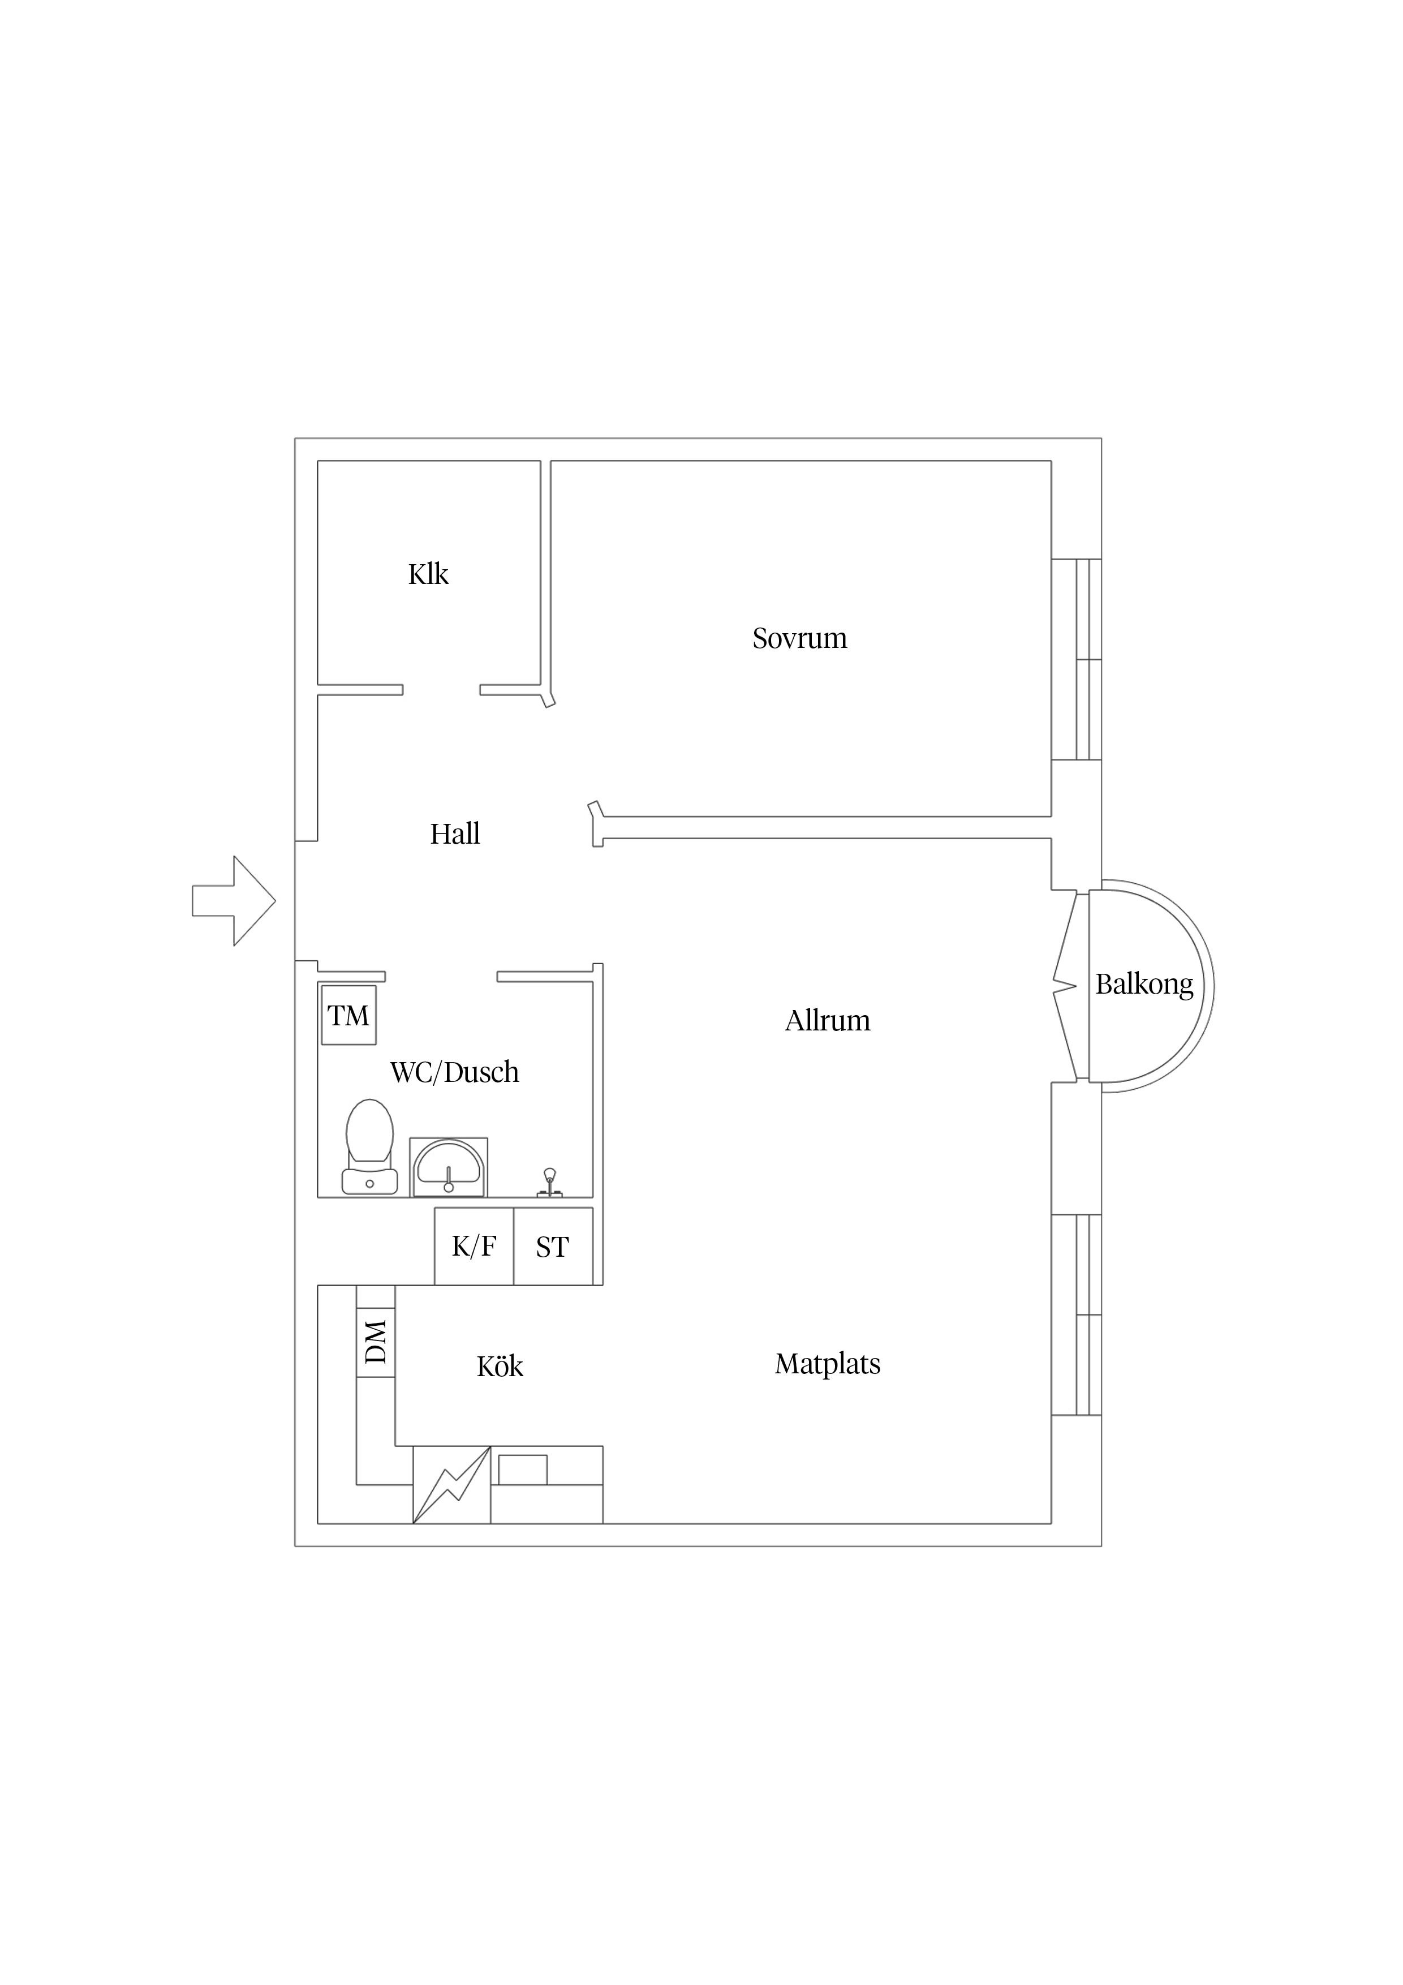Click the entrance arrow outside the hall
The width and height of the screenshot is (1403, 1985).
234,901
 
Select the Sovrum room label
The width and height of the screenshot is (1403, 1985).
799,638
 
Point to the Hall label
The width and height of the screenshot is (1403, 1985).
455,833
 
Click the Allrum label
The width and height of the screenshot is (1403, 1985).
827,1020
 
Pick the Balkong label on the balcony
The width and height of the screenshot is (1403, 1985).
1144,984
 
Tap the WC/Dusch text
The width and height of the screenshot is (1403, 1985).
455,1072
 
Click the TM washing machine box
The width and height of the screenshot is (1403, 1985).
348,1015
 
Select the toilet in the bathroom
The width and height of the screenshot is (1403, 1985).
370,1146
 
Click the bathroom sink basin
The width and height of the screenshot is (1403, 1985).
448,1166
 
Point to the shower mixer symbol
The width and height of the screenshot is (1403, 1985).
549,1183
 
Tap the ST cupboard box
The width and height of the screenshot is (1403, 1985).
553,1246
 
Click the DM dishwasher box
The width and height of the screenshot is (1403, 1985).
376,1341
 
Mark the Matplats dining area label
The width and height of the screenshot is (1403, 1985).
827,1363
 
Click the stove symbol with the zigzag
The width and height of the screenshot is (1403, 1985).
452,1484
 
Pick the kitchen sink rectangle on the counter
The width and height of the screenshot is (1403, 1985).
523,1470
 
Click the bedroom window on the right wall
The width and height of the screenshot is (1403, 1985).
1076,660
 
